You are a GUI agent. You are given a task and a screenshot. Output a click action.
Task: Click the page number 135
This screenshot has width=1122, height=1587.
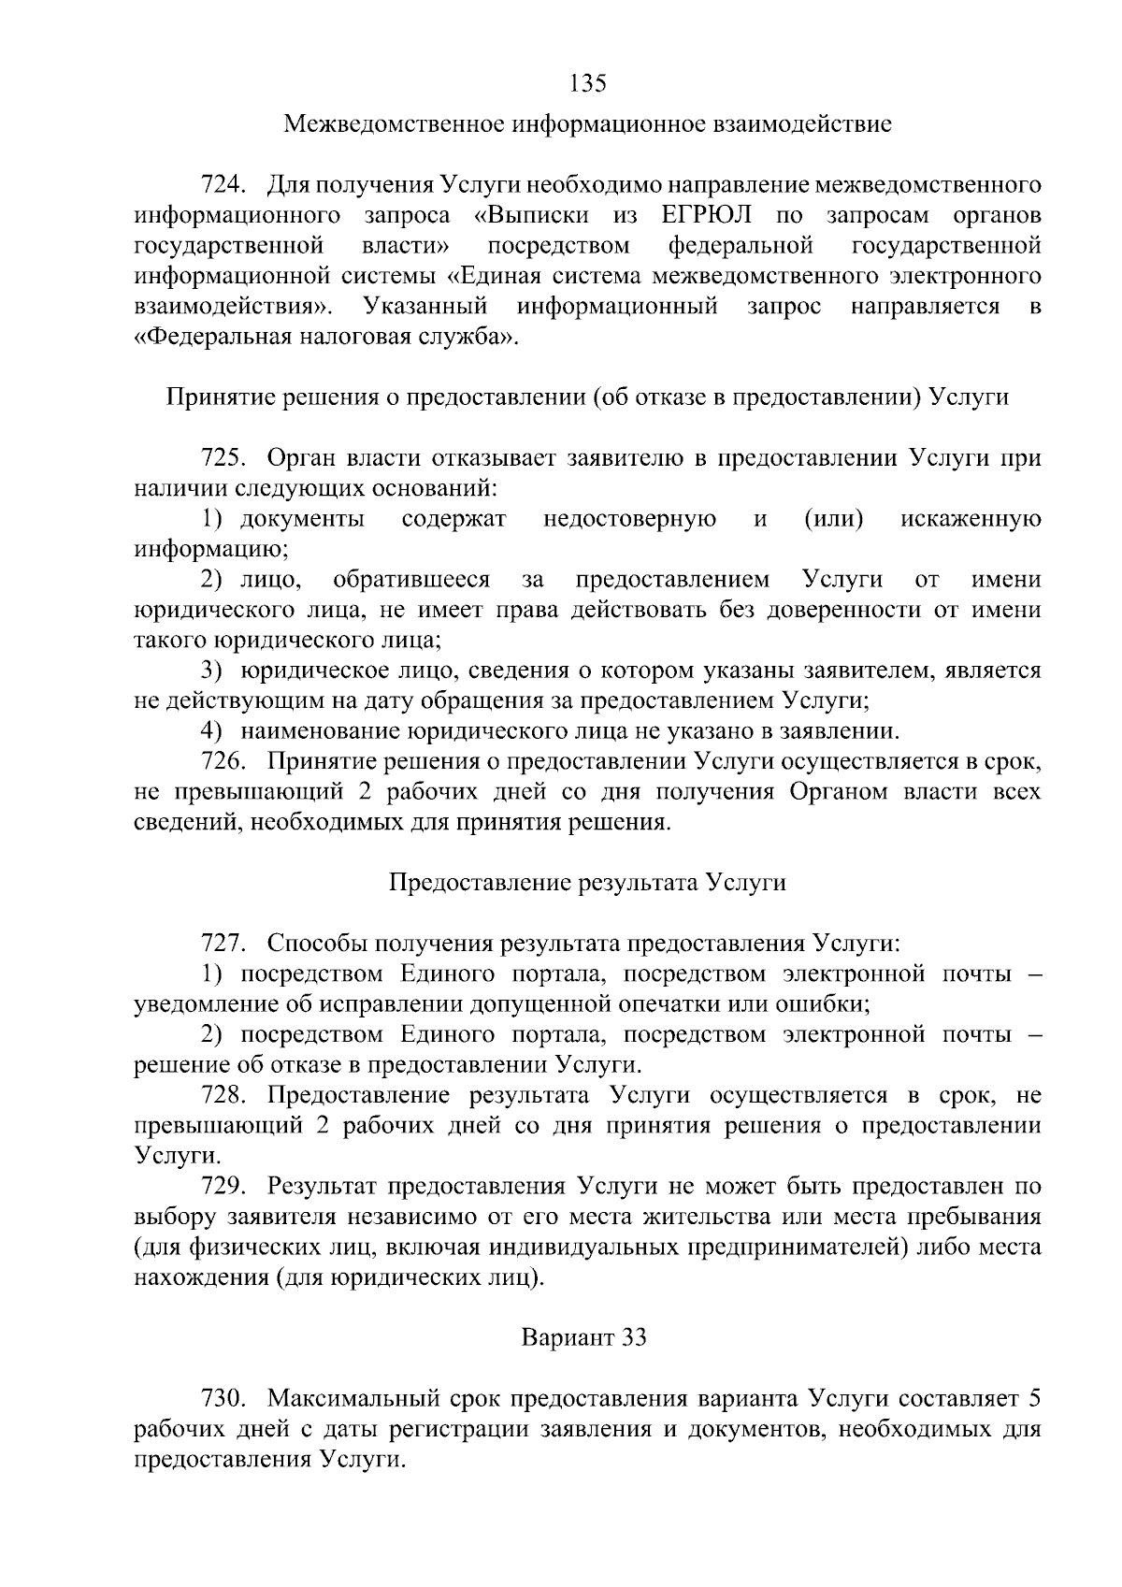tap(588, 83)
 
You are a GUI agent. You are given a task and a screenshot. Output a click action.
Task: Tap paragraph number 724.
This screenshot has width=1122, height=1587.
tap(223, 184)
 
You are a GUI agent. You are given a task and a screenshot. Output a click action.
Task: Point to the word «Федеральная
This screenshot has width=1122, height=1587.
tap(211, 337)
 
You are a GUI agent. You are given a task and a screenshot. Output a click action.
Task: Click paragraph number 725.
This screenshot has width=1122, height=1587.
tap(223, 458)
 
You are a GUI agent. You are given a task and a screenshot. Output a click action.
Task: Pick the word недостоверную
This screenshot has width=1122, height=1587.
tap(629, 519)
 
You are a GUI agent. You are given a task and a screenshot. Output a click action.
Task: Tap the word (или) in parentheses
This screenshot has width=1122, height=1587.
tap(833, 519)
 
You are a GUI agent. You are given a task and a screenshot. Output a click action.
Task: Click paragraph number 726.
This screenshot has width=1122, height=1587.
tap(223, 762)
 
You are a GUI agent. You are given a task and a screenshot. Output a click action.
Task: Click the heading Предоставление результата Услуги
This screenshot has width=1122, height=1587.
tap(587, 883)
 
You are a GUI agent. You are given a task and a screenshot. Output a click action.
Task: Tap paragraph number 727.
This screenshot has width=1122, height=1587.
tap(223, 944)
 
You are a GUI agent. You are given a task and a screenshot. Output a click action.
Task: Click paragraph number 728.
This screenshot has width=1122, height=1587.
tap(223, 1095)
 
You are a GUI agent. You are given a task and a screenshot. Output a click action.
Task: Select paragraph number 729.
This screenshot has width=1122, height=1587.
tap(223, 1187)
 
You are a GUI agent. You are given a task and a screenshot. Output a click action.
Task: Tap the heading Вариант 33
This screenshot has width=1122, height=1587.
tap(583, 1338)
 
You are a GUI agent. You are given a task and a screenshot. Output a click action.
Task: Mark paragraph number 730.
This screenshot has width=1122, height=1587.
tap(223, 1399)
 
